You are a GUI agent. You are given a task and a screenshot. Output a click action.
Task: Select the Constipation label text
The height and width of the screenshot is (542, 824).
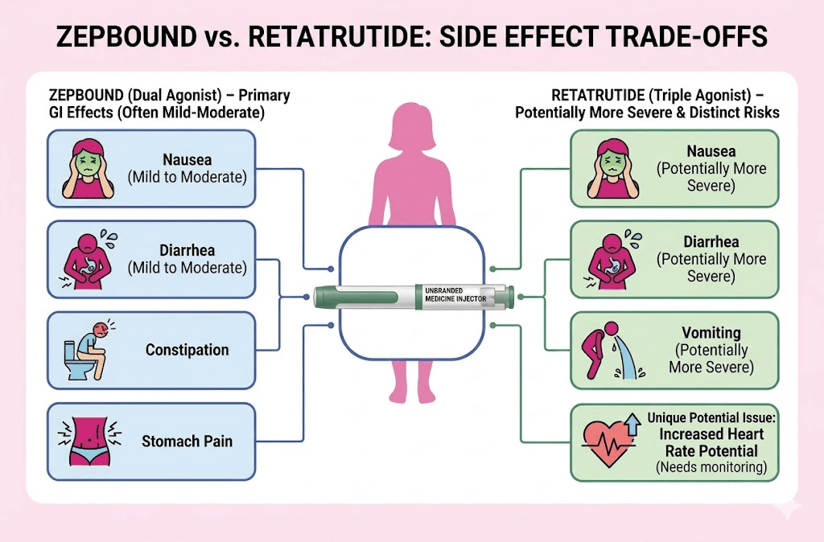187,351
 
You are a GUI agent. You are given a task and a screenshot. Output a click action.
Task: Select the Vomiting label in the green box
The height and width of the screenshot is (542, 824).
711,333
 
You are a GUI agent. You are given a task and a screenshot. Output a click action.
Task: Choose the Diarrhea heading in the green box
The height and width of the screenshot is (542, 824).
711,241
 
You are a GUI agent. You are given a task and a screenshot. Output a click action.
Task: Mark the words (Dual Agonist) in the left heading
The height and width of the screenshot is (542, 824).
160,96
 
